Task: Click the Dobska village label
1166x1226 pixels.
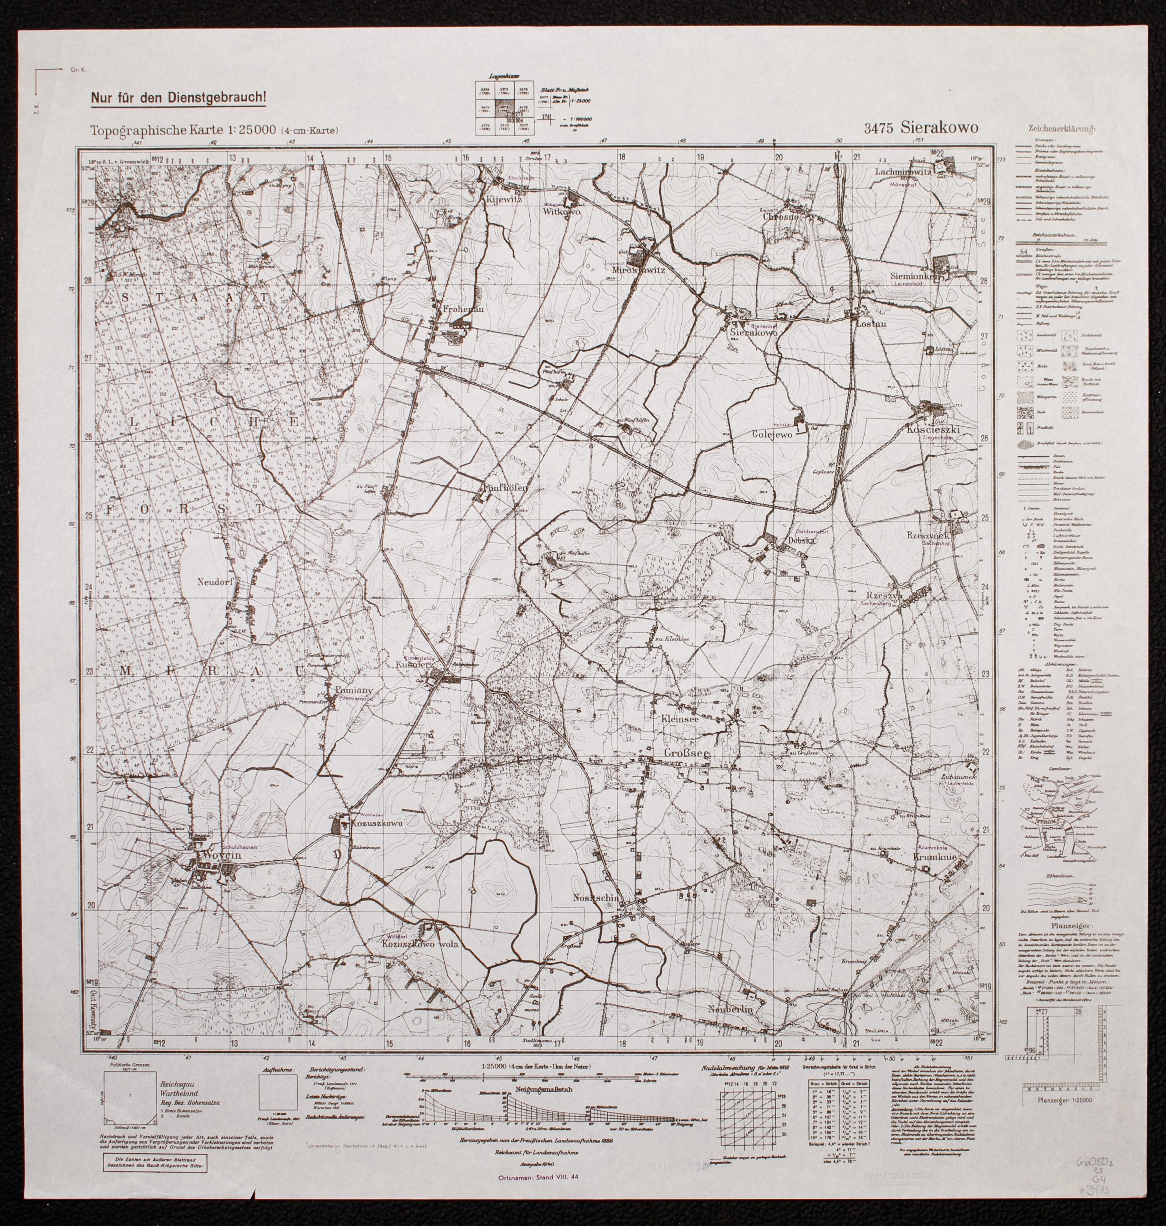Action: point(801,540)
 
